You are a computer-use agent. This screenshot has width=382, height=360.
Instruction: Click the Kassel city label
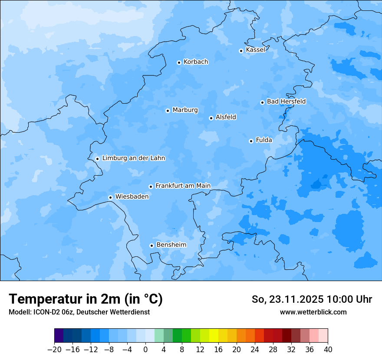tap(255, 50)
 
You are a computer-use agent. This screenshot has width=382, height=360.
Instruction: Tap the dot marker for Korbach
tap(179, 62)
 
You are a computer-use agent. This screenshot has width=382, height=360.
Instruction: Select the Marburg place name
tap(185, 110)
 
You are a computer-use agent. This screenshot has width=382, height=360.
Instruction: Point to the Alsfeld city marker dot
tap(211, 118)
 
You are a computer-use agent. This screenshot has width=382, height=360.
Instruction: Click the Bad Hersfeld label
tap(286, 101)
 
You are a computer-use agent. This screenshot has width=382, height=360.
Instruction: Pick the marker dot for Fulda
tap(251, 141)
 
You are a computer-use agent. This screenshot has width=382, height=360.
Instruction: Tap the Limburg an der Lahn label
tap(133, 158)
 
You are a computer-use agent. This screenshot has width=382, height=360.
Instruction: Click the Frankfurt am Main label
tap(183, 186)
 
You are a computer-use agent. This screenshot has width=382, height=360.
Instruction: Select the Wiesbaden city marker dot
tap(110, 198)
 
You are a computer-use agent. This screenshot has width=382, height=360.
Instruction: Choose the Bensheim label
tap(171, 245)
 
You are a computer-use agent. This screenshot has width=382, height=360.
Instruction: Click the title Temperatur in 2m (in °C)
tap(86, 299)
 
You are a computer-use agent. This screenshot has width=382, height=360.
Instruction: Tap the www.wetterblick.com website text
tap(313, 312)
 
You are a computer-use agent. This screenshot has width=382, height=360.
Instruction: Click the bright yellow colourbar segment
tap(214, 336)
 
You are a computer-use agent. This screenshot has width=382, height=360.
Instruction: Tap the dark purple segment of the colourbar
tap(59, 336)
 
